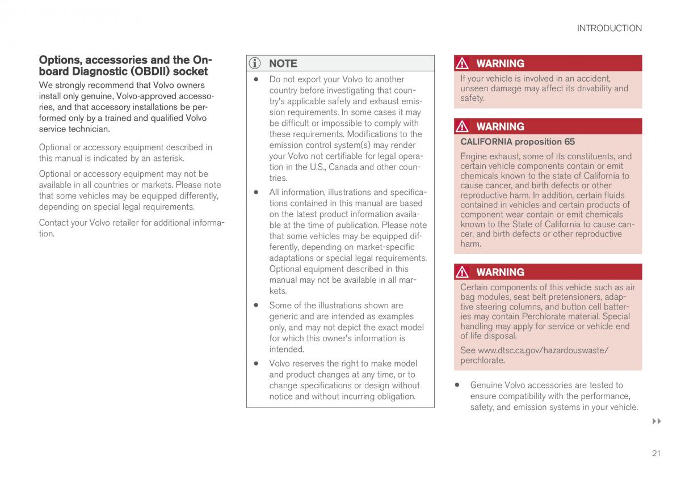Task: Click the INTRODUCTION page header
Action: pos(609,28)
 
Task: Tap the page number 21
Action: pos(656,453)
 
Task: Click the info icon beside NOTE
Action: pos(255,63)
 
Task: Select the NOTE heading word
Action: pos(283,63)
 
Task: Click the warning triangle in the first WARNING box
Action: pos(463,63)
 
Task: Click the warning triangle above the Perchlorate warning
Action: pos(463,272)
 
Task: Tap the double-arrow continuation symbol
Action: pos(657,422)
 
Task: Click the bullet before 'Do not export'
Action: pos(256,79)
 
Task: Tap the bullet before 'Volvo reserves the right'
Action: pos(256,363)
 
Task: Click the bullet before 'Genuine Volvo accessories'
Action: pos(457,385)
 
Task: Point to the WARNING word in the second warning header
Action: pos(500,126)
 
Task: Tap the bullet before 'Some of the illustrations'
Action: pos(256,305)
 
